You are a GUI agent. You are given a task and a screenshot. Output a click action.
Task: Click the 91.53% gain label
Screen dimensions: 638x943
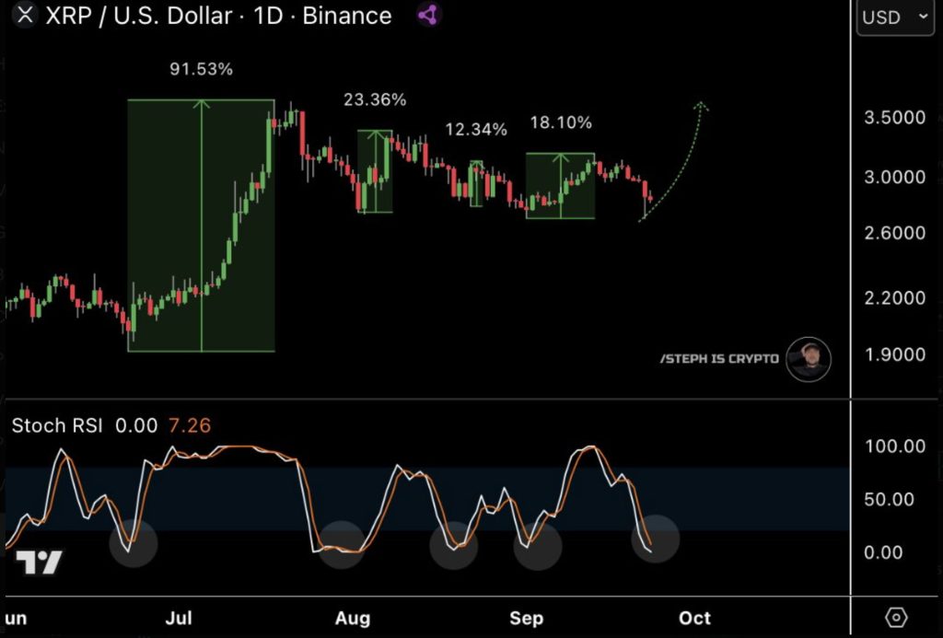pyautogui.click(x=201, y=69)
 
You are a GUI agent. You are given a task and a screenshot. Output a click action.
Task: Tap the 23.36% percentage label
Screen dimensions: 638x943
pyautogui.click(x=375, y=99)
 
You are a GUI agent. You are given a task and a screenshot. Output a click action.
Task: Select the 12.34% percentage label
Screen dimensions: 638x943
pyautogui.click(x=476, y=129)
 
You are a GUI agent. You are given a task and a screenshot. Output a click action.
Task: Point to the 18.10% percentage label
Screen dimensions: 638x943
pyautogui.click(x=561, y=122)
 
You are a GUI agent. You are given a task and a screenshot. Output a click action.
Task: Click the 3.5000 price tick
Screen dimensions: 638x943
pyautogui.click(x=893, y=118)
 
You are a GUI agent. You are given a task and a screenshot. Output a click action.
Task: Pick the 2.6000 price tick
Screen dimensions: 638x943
pyautogui.click(x=893, y=233)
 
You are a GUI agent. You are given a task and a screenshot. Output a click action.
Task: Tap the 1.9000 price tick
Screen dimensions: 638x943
pyautogui.click(x=893, y=354)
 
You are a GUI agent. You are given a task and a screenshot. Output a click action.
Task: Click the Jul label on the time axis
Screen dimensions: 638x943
pyautogui.click(x=179, y=618)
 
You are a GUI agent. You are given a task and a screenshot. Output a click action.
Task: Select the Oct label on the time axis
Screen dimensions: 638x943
pyautogui.click(x=695, y=618)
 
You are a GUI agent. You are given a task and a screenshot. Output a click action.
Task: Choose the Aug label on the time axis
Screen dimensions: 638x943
pyautogui.click(x=352, y=618)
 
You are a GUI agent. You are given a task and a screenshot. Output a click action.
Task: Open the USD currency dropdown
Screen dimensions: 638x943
pyautogui.click(x=894, y=17)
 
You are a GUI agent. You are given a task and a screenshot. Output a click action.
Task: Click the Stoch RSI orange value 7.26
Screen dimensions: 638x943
pyautogui.click(x=189, y=425)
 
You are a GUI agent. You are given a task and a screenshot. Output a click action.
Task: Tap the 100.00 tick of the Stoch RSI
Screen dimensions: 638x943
pyautogui.click(x=894, y=447)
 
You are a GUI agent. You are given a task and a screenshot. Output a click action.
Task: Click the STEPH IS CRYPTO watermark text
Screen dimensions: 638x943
pyautogui.click(x=719, y=359)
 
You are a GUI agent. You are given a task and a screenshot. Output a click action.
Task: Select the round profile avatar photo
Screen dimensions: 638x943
pyautogui.click(x=809, y=359)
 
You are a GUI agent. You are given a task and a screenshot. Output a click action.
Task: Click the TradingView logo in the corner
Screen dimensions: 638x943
pyautogui.click(x=39, y=562)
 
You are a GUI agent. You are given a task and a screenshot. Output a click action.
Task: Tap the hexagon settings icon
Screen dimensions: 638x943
pyautogui.click(x=895, y=617)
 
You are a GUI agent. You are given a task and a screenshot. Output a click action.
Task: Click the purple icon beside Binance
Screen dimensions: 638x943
pyautogui.click(x=428, y=15)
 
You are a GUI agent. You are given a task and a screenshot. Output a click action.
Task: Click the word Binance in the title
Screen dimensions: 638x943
pyautogui.click(x=347, y=16)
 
